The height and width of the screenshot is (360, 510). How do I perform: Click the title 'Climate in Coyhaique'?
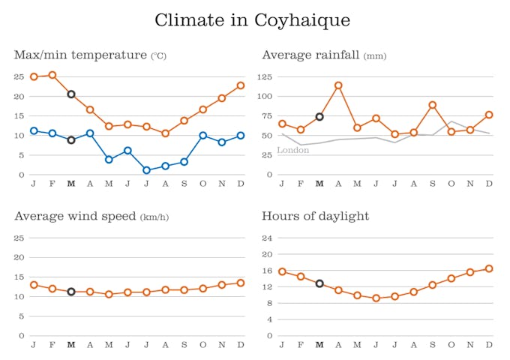[252, 20]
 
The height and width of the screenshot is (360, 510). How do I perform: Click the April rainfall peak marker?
[338, 85]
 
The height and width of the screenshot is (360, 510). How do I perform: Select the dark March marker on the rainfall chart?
[319, 117]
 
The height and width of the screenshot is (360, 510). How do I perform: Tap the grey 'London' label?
[293, 150]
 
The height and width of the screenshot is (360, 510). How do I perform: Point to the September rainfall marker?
[433, 105]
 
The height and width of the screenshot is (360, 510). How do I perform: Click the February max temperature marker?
[52, 75]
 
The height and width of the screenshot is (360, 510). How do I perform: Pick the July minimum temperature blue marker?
[146, 170]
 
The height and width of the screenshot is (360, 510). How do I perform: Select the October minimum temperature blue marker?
[202, 136]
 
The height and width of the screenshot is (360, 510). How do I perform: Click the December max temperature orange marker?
[241, 85]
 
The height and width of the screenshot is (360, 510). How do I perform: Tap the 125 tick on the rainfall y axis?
[263, 76]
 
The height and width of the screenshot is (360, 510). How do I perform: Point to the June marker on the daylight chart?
[376, 298]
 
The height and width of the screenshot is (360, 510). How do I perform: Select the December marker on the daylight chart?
[489, 268]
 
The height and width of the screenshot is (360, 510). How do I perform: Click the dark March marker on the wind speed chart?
[71, 292]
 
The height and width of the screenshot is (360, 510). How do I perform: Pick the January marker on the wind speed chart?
[34, 285]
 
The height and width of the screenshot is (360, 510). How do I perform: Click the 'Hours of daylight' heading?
[315, 217]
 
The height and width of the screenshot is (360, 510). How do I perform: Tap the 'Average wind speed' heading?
[75, 217]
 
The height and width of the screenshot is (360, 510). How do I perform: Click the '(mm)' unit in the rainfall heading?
[375, 56]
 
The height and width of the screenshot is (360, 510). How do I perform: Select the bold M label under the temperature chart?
[71, 183]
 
